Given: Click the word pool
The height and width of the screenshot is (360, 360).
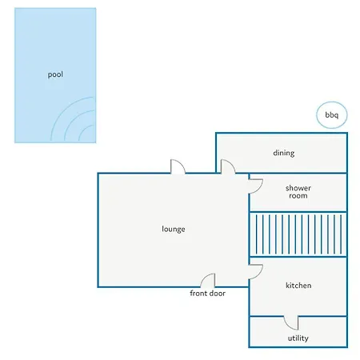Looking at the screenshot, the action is (55, 74).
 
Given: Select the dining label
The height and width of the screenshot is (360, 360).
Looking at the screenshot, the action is (284, 153).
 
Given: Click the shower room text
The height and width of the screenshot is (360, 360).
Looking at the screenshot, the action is (298, 192).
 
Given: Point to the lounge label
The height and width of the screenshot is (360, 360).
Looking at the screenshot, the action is (174, 230).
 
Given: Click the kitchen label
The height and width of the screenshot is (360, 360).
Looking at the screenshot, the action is (298, 286).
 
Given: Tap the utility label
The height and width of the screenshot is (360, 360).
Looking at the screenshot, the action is (298, 338).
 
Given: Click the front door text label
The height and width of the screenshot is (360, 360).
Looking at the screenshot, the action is (207, 294).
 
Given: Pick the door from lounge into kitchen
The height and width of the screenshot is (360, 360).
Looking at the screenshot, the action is (259, 274).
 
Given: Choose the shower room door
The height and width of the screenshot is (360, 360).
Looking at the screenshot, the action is (259, 188).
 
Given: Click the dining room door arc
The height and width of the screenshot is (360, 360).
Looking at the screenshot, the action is (230, 163).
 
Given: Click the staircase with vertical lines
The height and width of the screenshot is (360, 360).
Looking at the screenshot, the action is (298, 234).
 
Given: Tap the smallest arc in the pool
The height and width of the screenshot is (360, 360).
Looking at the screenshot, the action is (82, 129).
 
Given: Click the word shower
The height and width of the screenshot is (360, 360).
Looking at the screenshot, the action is (298, 188).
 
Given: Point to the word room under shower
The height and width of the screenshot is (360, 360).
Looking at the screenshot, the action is (298, 196).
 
